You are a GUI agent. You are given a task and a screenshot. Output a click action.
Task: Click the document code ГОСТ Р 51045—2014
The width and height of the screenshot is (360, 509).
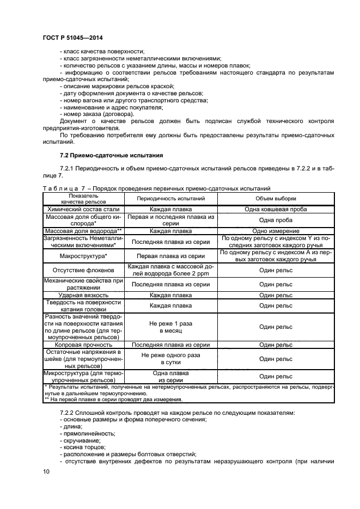coord(72,37)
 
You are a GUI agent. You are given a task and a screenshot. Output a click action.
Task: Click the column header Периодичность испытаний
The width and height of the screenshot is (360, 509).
coord(170,199)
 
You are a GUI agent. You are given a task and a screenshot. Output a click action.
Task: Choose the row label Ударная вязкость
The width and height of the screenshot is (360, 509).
coord(83,295)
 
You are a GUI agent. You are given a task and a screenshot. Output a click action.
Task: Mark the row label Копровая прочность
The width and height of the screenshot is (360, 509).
coord(83,344)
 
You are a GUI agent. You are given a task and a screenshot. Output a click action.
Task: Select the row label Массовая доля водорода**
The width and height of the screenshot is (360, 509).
coord(83,231)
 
